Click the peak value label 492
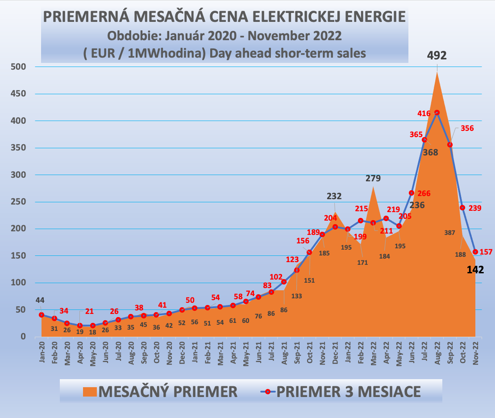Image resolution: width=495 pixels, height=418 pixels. pos(437,55)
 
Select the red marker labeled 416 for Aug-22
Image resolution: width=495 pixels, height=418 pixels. pos(437,113)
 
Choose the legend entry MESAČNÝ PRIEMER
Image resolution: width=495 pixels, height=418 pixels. pos(160,392)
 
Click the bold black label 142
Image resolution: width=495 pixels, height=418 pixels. pos(474,270)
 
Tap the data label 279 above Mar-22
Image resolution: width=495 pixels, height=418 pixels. pos(373,179)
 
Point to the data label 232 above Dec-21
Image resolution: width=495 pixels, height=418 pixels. pos(334,196)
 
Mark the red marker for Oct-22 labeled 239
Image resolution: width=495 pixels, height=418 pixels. pos(462,208)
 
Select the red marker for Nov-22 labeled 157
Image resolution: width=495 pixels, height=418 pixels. pos(475,252)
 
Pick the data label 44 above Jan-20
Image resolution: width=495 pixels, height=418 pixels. pos(40,301)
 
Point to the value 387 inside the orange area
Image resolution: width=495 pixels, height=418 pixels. pos(450,233)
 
